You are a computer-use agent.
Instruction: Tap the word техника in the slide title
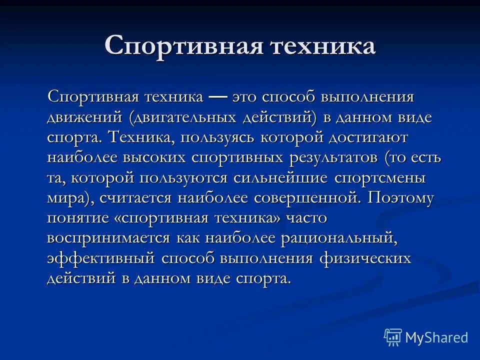pos(323,46)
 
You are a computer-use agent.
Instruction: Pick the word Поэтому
pos(401,198)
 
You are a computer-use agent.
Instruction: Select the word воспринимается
pos(108,238)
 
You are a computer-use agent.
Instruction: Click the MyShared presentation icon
pos(393,337)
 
